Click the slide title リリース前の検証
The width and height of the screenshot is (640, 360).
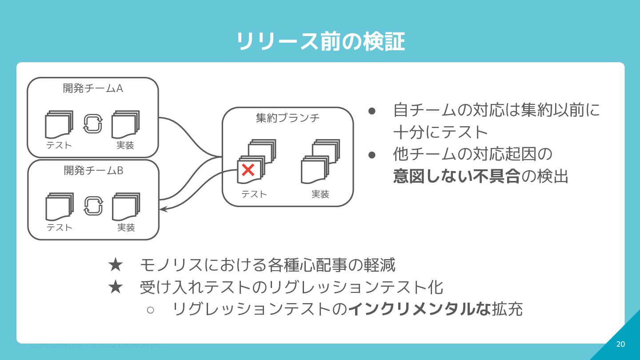320,42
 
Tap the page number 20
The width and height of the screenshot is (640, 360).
620,344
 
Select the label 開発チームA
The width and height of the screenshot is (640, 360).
93,88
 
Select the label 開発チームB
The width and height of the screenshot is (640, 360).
93,170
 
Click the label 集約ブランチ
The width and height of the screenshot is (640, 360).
288,118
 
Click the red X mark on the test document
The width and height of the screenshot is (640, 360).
248,169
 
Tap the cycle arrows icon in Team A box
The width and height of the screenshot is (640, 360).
93,124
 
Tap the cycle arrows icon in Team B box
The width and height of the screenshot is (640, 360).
93,206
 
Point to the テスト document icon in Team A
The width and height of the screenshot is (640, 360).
59,124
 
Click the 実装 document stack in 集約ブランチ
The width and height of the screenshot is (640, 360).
320,162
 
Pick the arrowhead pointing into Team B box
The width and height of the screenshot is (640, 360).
163,209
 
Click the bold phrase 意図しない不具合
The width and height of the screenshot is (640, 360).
456,176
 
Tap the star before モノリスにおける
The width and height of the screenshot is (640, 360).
115,265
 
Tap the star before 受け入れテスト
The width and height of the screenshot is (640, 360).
115,287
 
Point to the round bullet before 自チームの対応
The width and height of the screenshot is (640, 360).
372,110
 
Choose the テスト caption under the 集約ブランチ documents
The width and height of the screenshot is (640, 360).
254,194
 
